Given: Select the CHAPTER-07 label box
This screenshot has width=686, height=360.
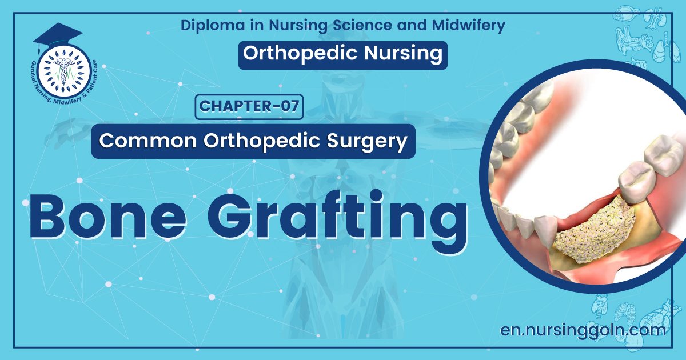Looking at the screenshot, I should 249,107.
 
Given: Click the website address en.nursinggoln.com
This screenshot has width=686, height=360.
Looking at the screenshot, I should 583,330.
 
